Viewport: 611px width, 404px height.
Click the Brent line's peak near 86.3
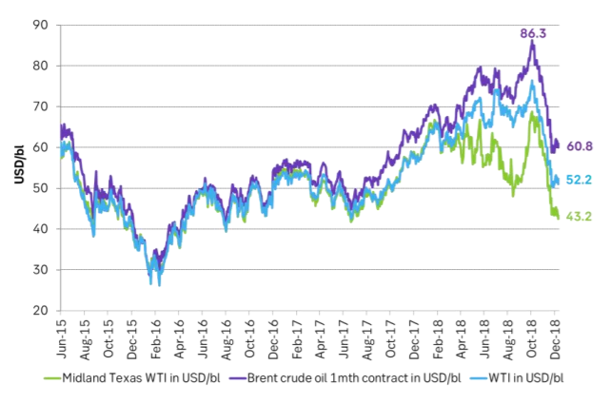(532, 42)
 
